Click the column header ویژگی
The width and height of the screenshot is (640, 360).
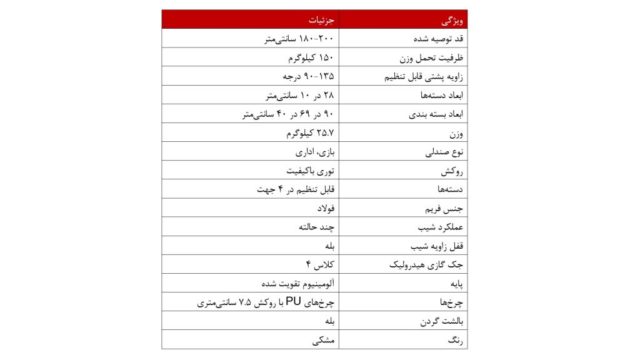452,20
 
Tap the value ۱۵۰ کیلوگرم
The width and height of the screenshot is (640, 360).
311,57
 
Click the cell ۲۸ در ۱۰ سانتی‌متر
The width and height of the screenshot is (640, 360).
299,96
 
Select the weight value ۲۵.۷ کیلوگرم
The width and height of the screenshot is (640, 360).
310,133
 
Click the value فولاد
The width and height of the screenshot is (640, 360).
326,208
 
